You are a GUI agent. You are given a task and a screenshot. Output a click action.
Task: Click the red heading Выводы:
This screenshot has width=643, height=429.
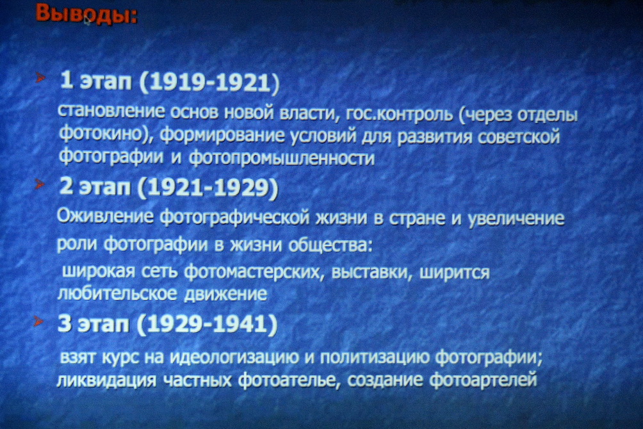click(86, 13)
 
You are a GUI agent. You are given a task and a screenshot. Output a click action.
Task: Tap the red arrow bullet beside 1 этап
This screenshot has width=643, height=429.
click(40, 77)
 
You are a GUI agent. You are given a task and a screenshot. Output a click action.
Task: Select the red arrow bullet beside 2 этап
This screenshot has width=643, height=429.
click(39, 184)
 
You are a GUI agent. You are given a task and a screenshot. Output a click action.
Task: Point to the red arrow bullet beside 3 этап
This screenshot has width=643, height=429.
click(38, 320)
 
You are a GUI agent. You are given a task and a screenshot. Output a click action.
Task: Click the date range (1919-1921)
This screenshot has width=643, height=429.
click(209, 81)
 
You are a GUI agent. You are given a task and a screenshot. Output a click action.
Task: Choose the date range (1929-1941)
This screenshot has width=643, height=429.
click(207, 324)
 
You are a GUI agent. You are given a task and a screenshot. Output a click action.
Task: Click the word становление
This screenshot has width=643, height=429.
click(111, 111)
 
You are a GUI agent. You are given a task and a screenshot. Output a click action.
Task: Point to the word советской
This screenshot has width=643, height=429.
click(519, 136)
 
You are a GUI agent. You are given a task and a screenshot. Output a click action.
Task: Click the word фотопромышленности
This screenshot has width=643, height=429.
click(282, 158)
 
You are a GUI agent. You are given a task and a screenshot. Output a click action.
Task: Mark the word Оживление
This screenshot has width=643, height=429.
click(106, 216)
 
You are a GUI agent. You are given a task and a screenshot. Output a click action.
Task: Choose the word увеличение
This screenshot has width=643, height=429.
click(516, 219)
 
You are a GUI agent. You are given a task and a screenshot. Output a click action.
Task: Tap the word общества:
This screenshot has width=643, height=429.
click(330, 245)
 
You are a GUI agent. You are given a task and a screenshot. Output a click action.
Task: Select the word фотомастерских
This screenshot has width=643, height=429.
click(252, 272)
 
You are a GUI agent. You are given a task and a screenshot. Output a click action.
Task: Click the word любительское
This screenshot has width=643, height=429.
click(117, 293)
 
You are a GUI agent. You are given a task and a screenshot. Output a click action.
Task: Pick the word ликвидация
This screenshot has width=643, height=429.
click(106, 380)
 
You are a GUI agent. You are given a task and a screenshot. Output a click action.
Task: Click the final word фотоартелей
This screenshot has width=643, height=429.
click(484, 379)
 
